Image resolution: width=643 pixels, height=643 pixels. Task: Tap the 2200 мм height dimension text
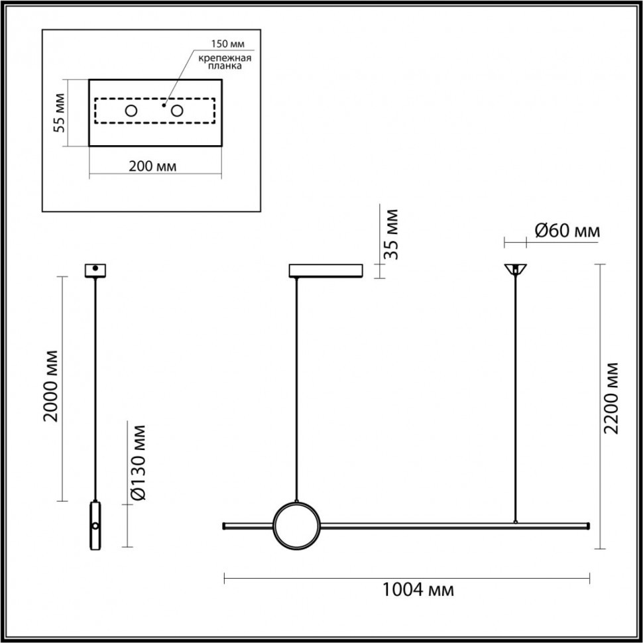coord(613,398)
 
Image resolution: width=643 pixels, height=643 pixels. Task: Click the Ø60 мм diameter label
coord(567,231)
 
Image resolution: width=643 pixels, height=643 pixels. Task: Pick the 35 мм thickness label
coord(392,235)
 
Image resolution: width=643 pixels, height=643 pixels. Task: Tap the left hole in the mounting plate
coord(131,111)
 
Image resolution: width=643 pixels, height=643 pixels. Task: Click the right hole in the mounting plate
coord(177,111)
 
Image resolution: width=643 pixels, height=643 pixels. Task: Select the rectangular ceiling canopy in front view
coord(325,270)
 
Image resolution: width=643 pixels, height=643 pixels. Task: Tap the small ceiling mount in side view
coord(95,270)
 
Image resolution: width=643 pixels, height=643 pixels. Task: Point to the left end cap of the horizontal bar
coord(225,526)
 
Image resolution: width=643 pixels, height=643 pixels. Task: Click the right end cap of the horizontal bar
coord(587,526)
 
